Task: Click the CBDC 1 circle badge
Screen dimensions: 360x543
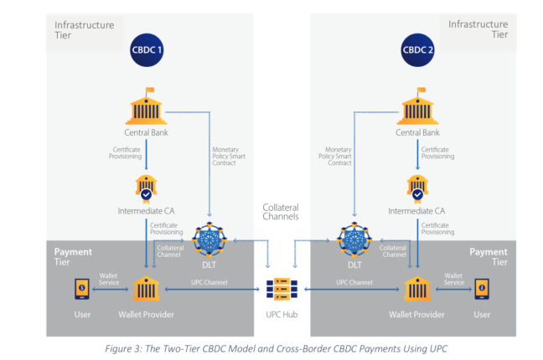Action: [x=147, y=50]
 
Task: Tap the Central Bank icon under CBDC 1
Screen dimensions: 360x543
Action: [x=147, y=108]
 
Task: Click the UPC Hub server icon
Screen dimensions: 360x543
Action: [x=281, y=289]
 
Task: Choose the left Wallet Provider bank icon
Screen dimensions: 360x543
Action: [x=147, y=289]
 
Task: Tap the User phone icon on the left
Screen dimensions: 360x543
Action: [x=81, y=289]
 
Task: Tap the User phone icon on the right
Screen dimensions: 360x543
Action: [x=481, y=289]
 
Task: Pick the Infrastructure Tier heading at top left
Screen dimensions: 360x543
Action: [x=84, y=30]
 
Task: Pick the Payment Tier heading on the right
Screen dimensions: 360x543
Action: [x=488, y=256]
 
